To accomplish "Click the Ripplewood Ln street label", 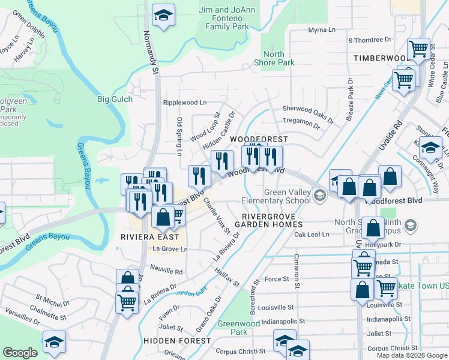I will point(184,103).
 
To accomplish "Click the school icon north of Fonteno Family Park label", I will point(162,16).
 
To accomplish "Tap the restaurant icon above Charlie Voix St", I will point(199,176).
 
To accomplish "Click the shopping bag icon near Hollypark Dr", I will point(373,229).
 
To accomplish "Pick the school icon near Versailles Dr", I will point(54,341).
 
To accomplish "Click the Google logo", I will point(20,353).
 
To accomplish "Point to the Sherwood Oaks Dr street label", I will point(308,112).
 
